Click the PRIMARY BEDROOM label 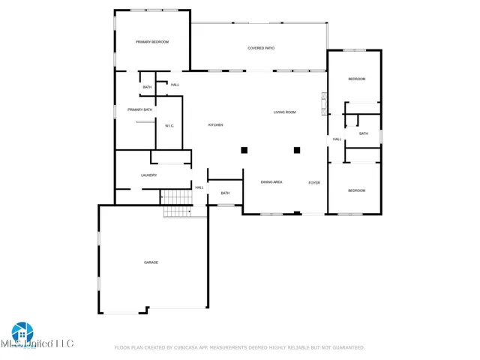click(151, 42)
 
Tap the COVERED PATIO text click(261, 48)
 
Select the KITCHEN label click(215, 124)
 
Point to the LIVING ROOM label click(284, 112)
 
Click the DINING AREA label click(271, 182)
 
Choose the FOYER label click(314, 182)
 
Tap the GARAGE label click(151, 262)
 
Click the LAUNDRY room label click(148, 175)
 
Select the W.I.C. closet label click(169, 125)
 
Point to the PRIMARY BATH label click(139, 109)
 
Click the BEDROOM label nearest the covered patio click(356, 79)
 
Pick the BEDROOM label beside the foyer click(356, 190)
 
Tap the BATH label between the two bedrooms click(364, 133)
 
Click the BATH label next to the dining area click(225, 193)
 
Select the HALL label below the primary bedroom click(175, 85)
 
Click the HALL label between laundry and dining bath click(199, 187)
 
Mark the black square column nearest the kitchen click(244, 149)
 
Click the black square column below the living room click(297, 149)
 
